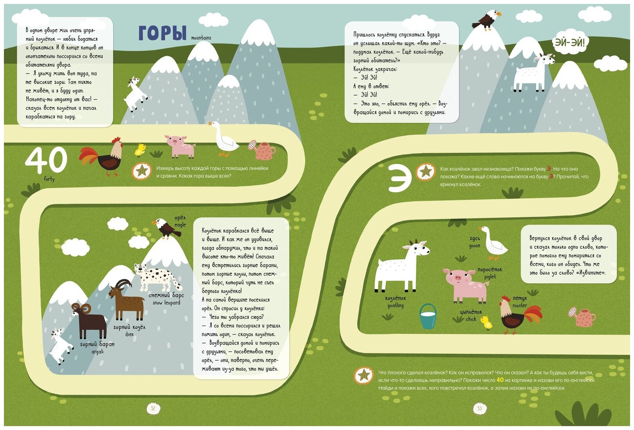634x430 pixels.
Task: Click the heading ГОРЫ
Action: coord(162,33)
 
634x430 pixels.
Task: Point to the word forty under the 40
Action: coord(49,179)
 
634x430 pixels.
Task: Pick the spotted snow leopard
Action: coord(157,275)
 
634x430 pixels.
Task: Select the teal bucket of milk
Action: coord(428,316)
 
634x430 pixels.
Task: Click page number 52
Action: coord(153,409)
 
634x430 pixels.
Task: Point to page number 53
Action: coord(479,409)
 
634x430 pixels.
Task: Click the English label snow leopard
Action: coord(166,303)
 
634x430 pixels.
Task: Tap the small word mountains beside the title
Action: coord(201,38)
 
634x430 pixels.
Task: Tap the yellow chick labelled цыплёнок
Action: coord(486,322)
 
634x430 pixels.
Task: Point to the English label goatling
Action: coord(395,306)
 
